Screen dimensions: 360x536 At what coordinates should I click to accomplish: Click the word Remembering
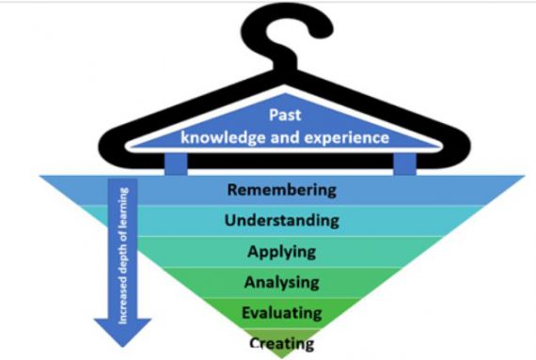coord(280,190)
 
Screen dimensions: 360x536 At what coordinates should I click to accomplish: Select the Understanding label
coord(280,221)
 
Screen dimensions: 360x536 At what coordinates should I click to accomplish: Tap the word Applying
coord(281,252)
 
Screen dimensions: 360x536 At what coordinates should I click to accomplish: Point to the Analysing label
coord(281,281)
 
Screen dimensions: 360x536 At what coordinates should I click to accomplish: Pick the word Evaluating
coord(281,311)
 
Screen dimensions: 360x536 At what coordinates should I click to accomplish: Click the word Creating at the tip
coord(282,342)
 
